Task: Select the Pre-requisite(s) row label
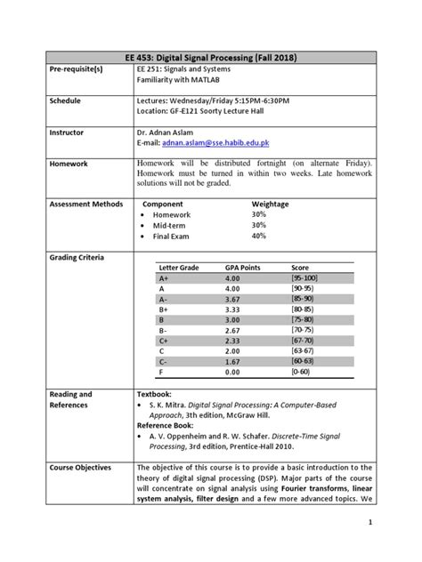click(53, 70)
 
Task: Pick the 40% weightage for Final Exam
click(258, 236)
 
